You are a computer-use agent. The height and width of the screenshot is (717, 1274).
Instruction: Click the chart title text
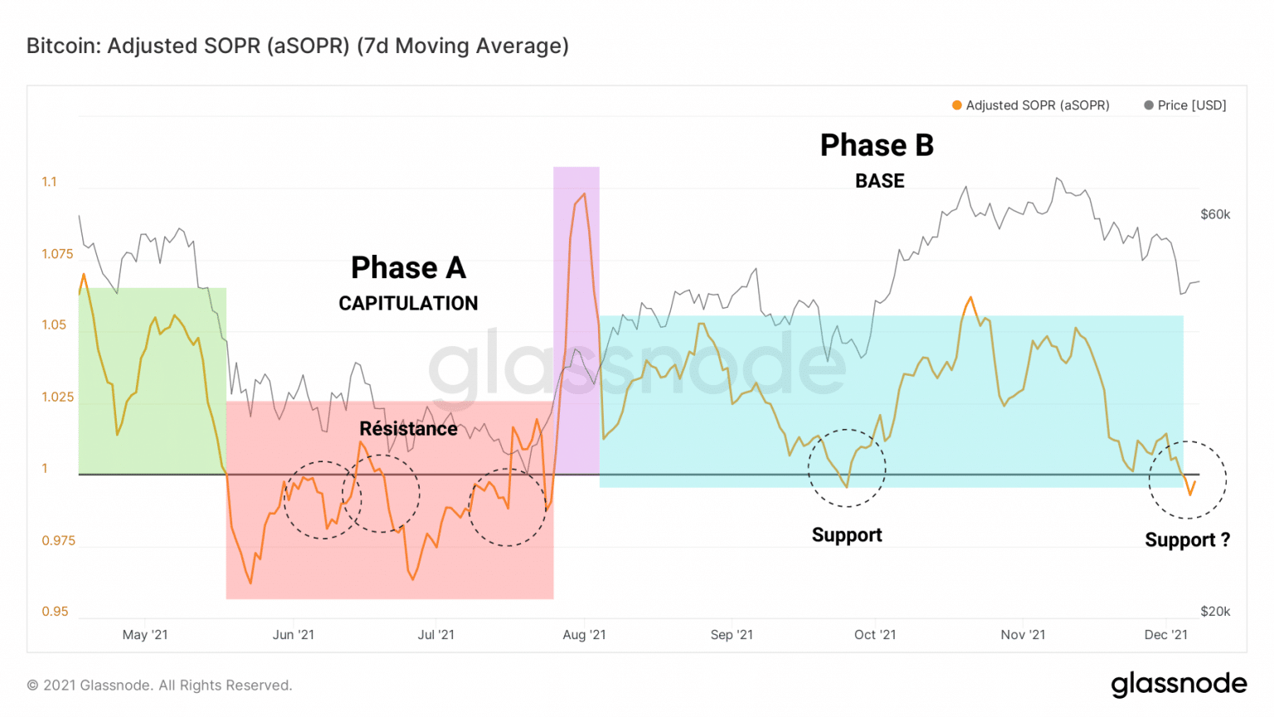coord(297,46)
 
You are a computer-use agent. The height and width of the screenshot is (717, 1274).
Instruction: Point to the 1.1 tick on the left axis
coord(50,182)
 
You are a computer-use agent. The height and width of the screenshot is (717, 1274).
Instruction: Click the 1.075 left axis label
coord(57,254)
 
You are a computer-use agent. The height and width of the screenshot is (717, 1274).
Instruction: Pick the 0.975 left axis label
coord(58,540)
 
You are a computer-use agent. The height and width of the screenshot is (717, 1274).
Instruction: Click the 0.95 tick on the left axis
coord(55,612)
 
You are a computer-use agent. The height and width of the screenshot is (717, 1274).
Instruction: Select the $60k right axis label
coord(1215,214)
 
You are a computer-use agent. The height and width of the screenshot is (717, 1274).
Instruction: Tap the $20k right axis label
coord(1215,612)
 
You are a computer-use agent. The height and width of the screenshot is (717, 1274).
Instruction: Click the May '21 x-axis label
coord(145,635)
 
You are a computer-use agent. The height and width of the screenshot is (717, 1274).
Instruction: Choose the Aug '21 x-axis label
coord(584,635)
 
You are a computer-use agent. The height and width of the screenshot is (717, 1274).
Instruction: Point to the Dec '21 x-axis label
coord(1165,635)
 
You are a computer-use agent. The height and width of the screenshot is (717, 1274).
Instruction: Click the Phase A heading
coord(408,268)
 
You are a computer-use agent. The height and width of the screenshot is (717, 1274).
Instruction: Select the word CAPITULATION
coord(408,304)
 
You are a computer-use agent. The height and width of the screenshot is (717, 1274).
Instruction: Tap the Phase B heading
coord(877,145)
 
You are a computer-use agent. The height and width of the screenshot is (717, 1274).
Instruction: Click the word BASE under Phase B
coord(880,181)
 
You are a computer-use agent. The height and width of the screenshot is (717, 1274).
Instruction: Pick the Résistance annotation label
coord(408,429)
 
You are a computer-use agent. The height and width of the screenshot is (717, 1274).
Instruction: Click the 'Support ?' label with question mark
coord(1187,540)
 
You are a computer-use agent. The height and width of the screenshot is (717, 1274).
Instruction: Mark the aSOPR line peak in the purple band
coord(585,194)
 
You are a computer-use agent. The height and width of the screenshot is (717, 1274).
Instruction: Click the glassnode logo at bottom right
coord(1179,685)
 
